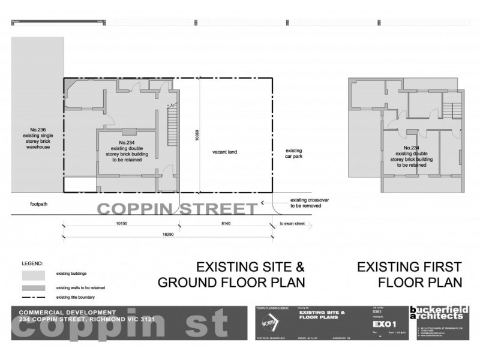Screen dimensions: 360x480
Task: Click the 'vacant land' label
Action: pyautogui.click(x=224, y=152)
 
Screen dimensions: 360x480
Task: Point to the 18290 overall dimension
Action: pyautogui.click(x=166, y=235)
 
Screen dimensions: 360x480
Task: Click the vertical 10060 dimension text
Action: pyautogui.click(x=197, y=135)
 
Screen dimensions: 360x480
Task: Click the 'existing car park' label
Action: pyautogui.click(x=293, y=154)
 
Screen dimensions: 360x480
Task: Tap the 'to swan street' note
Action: pyautogui.click(x=293, y=224)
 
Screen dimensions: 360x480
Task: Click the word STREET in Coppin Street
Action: pyautogui.click(x=218, y=209)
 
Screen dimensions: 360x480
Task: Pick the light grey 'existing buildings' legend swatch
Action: pyautogui.click(x=34, y=275)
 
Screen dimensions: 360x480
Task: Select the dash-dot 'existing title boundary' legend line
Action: pyautogui.click(x=34, y=297)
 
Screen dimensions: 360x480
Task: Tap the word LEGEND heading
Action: pyautogui.click(x=32, y=263)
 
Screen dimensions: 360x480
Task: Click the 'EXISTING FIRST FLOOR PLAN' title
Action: pyautogui.click(x=409, y=274)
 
